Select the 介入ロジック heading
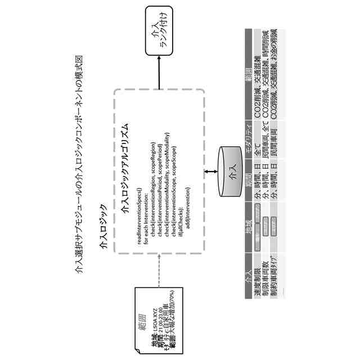(x=103, y=227)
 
